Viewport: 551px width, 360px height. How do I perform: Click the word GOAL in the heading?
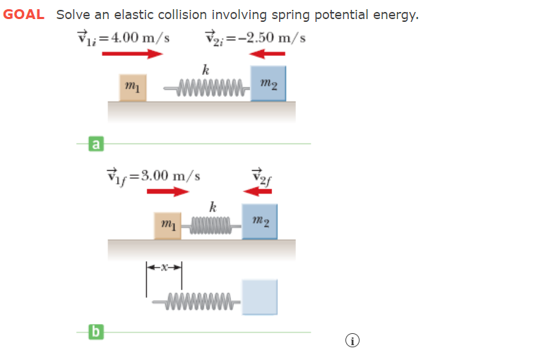click(x=24, y=14)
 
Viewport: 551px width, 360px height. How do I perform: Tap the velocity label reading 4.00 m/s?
click(x=124, y=37)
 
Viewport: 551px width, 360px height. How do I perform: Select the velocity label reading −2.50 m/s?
click(x=255, y=37)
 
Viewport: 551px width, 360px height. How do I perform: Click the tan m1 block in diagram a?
click(x=131, y=87)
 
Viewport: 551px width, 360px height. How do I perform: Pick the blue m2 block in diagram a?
click(x=268, y=84)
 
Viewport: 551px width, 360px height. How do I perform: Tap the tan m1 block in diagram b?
click(x=168, y=224)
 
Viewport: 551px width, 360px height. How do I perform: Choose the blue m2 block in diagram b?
click(x=259, y=222)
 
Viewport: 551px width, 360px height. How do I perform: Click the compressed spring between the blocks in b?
click(x=211, y=227)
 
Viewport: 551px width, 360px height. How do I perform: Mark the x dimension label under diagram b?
click(x=164, y=268)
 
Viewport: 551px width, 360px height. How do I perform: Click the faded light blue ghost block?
click(x=259, y=296)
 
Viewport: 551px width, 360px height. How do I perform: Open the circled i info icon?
click(x=352, y=342)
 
